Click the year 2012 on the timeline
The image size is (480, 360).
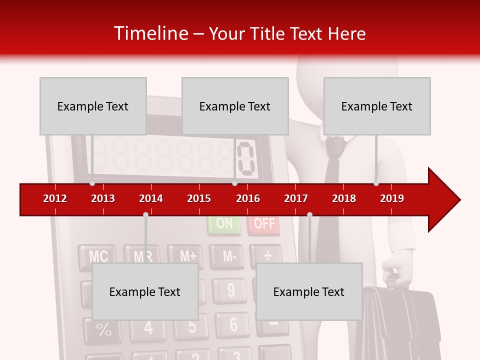(55, 198)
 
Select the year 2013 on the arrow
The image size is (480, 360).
(103, 198)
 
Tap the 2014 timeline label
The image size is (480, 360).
(151, 198)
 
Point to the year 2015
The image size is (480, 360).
(199, 198)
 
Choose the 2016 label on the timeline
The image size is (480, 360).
(248, 198)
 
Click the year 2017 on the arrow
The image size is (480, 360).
(296, 198)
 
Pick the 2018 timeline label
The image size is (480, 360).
(344, 198)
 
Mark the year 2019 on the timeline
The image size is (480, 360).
(392, 198)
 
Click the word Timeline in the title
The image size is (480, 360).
(150, 33)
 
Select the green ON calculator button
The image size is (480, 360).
(224, 224)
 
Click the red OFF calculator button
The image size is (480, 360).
(264, 224)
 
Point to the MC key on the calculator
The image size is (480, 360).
(98, 256)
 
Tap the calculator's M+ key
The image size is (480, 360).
(188, 255)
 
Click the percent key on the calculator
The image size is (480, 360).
(103, 330)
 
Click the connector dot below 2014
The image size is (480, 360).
(145, 214)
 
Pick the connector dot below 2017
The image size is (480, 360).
(309, 214)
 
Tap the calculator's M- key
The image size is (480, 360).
(229, 256)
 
